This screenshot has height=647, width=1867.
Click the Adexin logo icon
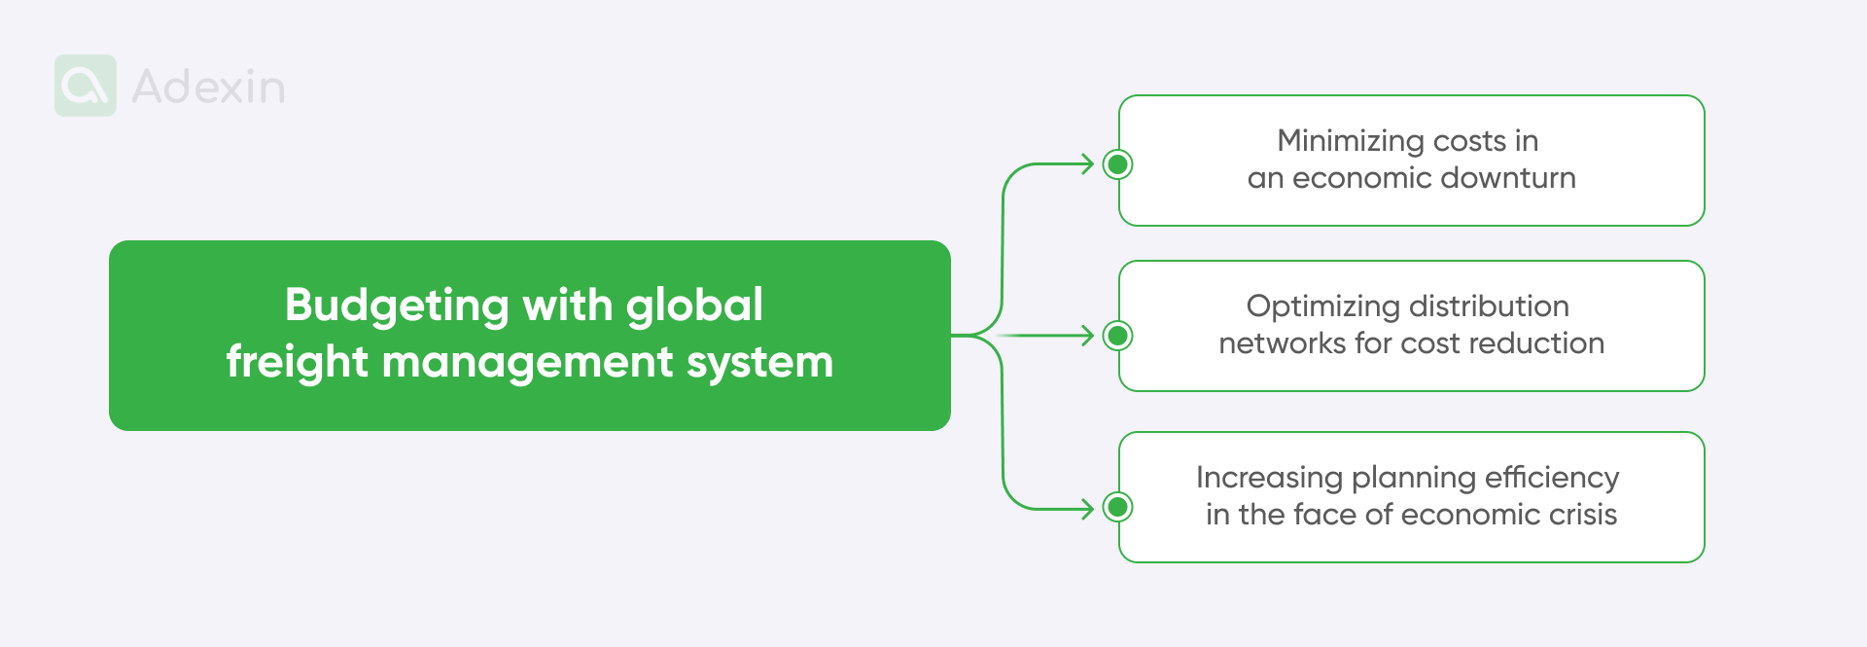click(x=86, y=86)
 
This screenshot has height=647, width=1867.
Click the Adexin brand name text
click(x=208, y=87)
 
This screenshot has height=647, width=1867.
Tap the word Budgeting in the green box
click(x=397, y=306)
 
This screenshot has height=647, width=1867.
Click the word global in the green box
click(x=694, y=306)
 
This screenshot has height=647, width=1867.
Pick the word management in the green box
click(x=528, y=363)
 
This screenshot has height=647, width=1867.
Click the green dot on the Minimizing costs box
click(x=1118, y=164)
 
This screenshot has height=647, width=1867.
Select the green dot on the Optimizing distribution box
click(x=1118, y=336)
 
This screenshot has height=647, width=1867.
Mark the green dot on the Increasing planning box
click(x=1118, y=507)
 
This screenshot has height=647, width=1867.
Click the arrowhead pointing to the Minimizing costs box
click(x=1088, y=164)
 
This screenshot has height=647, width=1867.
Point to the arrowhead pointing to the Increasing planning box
click(x=1088, y=508)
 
